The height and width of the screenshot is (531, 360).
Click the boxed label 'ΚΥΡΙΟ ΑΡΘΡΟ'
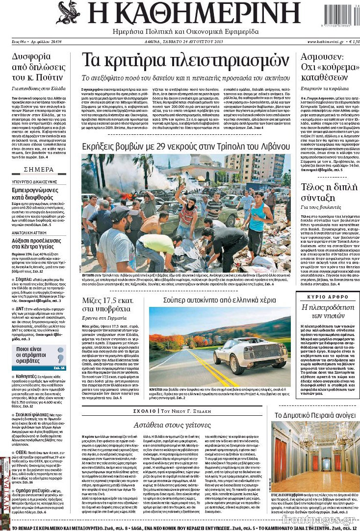coord(326,297)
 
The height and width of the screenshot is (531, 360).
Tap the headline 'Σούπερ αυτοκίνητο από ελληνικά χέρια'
coord(220,299)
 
